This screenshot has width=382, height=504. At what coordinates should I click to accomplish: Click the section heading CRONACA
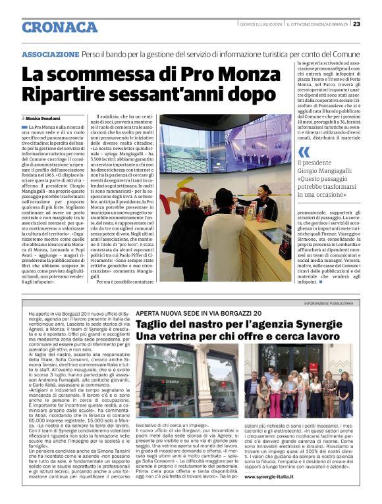click(x=59, y=28)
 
